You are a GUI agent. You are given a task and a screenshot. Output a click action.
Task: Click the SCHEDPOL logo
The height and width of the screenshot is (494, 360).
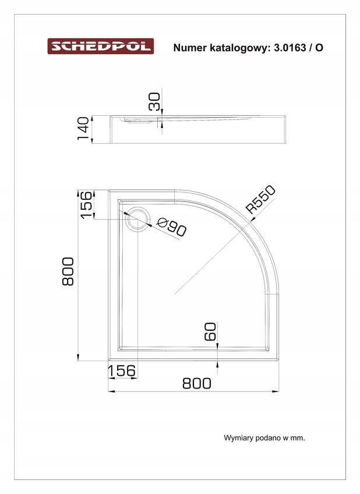pos(100,46)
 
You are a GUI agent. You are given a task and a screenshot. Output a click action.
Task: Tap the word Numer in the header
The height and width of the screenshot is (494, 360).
pos(190,48)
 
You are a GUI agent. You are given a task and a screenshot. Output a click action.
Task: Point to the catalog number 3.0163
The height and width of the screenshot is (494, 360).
pos(289,48)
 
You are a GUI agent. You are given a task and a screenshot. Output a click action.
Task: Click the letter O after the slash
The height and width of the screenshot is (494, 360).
pos(319,48)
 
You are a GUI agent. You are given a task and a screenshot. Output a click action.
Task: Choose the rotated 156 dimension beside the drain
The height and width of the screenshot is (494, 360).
pos(86,204)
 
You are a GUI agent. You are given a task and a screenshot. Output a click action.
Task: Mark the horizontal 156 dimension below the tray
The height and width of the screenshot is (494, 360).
pos(122,370)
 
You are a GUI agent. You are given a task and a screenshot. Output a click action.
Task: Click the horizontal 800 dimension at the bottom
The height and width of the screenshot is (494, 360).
pos(196,383)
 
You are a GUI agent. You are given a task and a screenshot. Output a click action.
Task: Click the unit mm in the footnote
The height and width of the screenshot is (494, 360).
pos(298,437)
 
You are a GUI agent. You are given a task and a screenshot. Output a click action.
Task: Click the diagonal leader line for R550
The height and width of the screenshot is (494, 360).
pos(210,256)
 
